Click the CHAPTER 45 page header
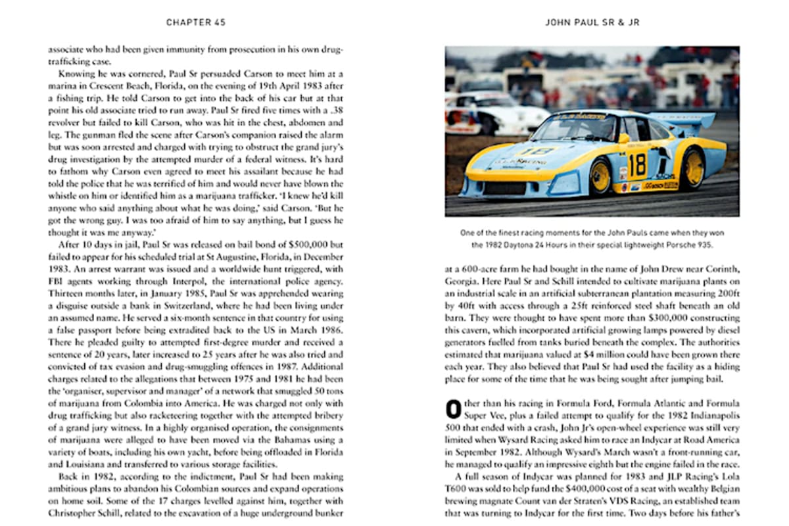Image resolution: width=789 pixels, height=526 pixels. click(x=196, y=22)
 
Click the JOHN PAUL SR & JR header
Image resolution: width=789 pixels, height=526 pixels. click(x=592, y=22)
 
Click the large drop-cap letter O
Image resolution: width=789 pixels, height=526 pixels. click(x=453, y=408)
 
